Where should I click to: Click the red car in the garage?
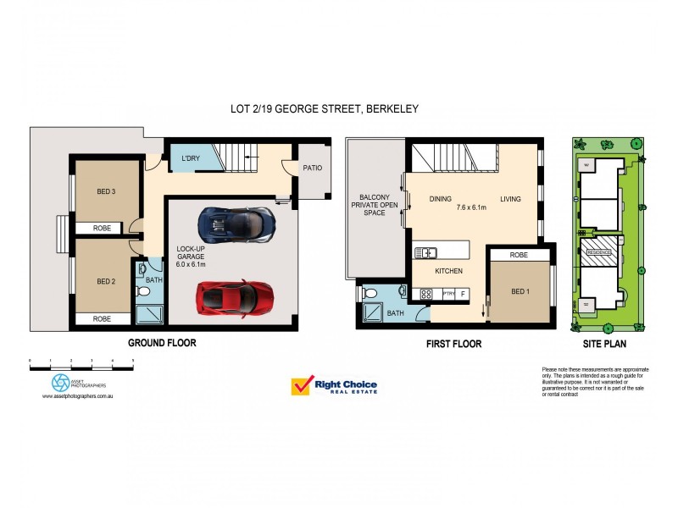229,297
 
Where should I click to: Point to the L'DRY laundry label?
191,158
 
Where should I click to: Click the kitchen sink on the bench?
425,252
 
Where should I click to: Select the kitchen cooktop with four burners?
425,294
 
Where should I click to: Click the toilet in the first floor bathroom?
370,294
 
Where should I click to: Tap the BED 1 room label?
520,290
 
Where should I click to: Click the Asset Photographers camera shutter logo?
60,383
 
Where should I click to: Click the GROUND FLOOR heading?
162,343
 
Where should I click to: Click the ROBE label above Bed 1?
520,255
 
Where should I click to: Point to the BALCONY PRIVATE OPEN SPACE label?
374,204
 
